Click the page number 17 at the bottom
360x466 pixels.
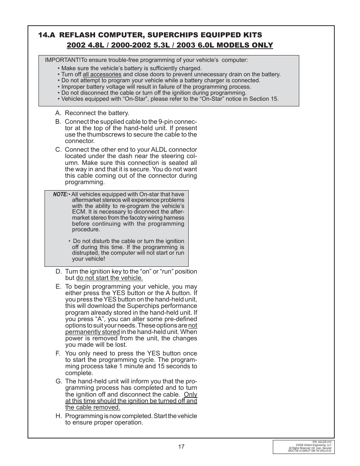181,447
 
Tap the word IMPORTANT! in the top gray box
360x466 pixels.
63,60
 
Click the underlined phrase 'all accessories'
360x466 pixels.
102,74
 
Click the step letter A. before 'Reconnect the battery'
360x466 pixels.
58,113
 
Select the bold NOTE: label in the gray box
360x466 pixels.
60,194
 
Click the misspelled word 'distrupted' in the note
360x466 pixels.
85,253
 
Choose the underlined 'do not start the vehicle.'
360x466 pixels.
109,278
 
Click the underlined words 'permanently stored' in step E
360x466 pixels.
92,332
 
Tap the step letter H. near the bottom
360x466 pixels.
58,416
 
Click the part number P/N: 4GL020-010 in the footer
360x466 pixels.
322,442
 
